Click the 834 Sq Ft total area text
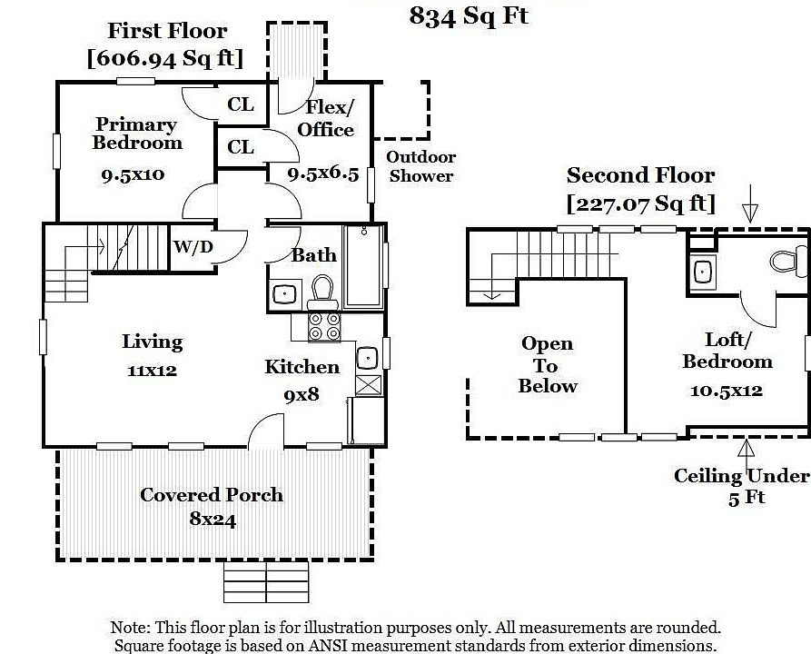point(469,16)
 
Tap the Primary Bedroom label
point(137,134)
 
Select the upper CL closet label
point(241,104)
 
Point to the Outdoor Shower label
point(421,167)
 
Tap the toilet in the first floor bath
point(321,290)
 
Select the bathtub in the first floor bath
point(364,265)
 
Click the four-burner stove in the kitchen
point(325,326)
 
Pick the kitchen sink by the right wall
point(367,356)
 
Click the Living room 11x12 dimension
point(152,371)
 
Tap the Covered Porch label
point(212,495)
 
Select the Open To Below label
point(548,364)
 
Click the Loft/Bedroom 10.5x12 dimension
point(727,391)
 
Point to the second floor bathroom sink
point(702,271)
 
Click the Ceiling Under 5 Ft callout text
point(741,486)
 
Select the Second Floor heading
point(640,175)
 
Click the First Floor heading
point(167,30)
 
